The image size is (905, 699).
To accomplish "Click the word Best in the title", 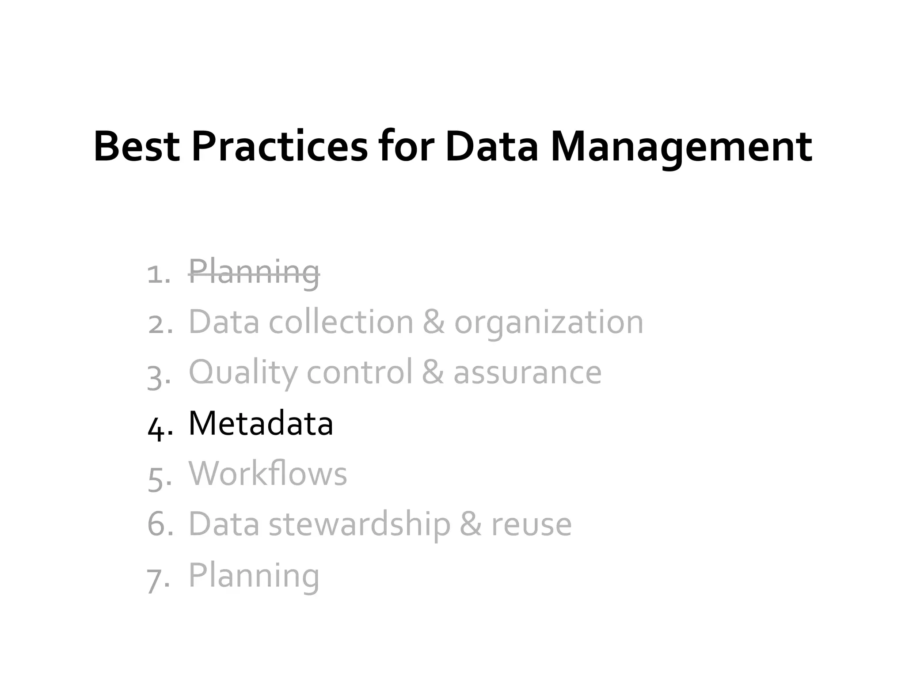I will [x=137, y=146].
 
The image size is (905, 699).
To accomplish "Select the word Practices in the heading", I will [x=279, y=146].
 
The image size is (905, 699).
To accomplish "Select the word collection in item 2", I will [x=341, y=322].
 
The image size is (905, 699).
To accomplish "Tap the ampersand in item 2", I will [x=433, y=322].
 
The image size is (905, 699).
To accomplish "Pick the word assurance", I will [x=527, y=373].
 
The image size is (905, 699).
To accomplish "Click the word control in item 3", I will [x=359, y=372].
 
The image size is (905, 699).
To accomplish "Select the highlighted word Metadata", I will [x=261, y=423].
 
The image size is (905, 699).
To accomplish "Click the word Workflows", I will [x=268, y=474].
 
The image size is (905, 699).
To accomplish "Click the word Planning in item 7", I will [x=254, y=576].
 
